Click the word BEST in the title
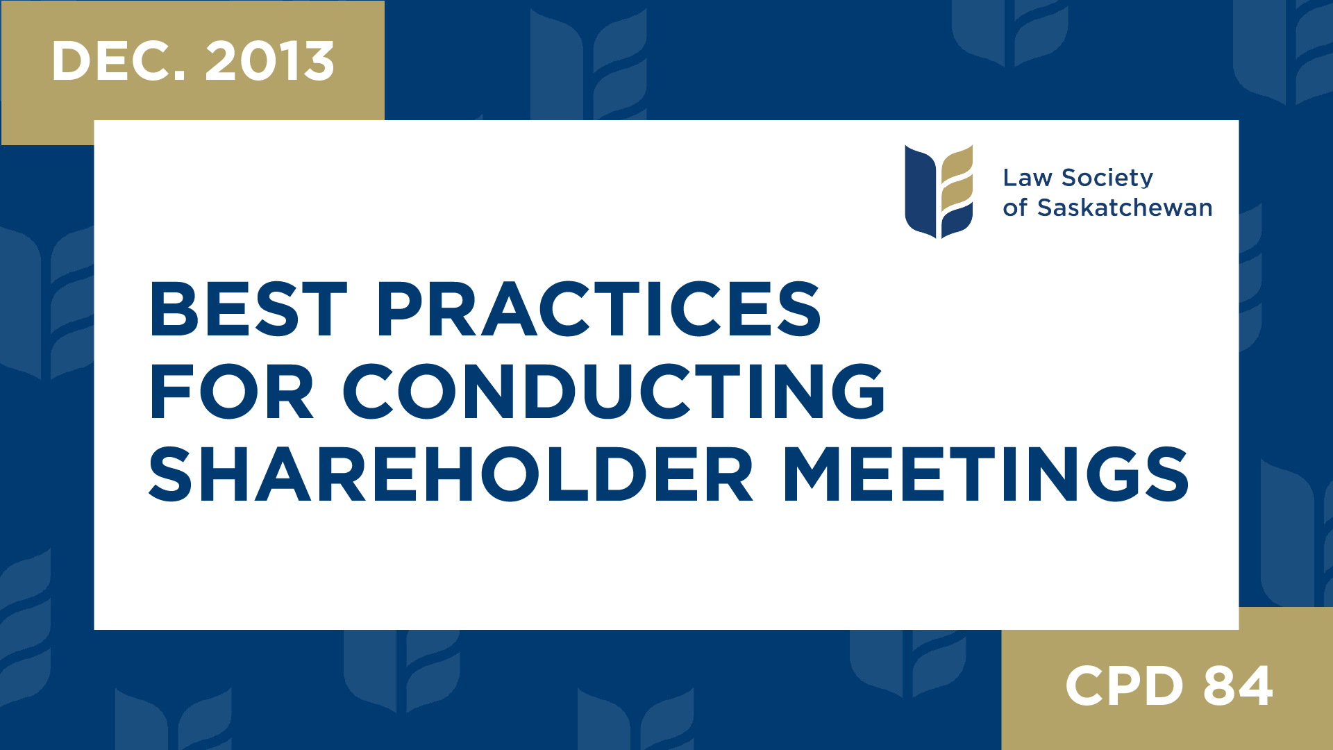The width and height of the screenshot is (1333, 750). pyautogui.click(x=248, y=310)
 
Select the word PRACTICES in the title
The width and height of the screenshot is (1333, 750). pyautogui.click(x=598, y=310)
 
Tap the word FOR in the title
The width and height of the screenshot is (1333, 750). pyautogui.click(x=232, y=392)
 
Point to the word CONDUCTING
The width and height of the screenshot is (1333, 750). pyautogui.click(x=614, y=392)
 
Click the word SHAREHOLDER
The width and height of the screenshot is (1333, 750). pyautogui.click(x=451, y=475)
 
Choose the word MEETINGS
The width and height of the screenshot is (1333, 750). pyautogui.click(x=986, y=475)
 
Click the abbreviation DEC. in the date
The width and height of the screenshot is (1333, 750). pyautogui.click(x=119, y=61)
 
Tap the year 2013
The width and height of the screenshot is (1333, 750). pyautogui.click(x=270, y=61)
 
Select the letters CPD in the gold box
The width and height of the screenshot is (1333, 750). pyautogui.click(x=1124, y=686)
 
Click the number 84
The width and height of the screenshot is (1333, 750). pyautogui.click(x=1238, y=686)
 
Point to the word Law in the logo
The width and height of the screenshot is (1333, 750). pyautogui.click(x=1028, y=178)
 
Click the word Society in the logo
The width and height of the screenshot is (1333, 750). pyautogui.click(x=1107, y=178)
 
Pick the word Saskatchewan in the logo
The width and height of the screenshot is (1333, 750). pyautogui.click(x=1125, y=208)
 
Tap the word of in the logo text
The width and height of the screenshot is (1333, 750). pyautogui.click(x=1014, y=208)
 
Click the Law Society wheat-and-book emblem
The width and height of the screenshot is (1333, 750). pyautogui.click(x=939, y=192)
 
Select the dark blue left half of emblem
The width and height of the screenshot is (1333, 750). pyautogui.click(x=920, y=192)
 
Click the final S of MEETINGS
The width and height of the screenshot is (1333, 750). pyautogui.click(x=1166, y=475)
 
